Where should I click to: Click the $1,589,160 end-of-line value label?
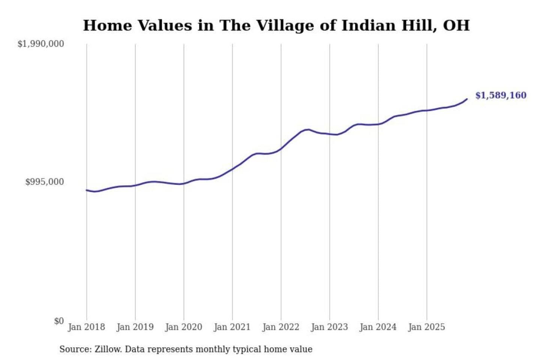[x=501, y=95]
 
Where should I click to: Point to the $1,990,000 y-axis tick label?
[x=41, y=44]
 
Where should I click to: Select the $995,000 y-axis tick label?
[x=45, y=182]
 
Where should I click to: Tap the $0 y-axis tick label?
[x=59, y=321]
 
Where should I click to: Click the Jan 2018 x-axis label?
[x=87, y=327]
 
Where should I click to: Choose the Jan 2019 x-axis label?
[x=135, y=327]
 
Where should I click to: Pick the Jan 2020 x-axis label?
[x=184, y=327]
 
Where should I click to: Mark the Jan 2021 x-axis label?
[x=232, y=327]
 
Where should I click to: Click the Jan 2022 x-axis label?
[x=281, y=327]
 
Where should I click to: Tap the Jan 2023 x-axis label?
[x=330, y=327]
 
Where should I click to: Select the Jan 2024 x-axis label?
[x=378, y=327]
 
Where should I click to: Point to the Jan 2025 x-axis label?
[x=427, y=327]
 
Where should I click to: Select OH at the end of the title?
[x=456, y=25]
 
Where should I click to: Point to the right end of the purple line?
[x=467, y=99]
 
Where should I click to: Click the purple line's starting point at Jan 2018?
[x=87, y=190]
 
